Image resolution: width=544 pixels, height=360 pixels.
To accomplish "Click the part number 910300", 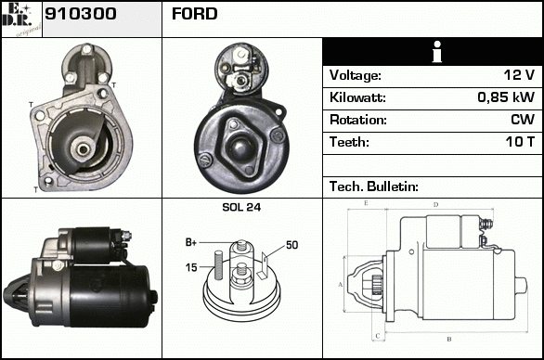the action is tap(81, 14).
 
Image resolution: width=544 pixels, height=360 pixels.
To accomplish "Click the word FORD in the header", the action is tap(195, 14).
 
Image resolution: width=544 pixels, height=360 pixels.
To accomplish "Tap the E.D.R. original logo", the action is tap(21, 19).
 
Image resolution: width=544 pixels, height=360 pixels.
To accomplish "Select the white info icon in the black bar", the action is tap(437, 52).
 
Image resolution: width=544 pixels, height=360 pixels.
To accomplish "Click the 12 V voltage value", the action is tap(519, 75).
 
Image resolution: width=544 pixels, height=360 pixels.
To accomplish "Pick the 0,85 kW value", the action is tap(506, 97).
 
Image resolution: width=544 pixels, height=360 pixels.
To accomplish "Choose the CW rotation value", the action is tap(523, 120).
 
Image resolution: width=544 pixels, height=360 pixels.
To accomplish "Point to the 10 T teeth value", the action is tap(520, 142).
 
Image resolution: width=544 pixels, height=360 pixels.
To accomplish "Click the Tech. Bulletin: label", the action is tap(374, 186).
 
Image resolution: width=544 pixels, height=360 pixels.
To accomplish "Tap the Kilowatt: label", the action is tap(357, 97).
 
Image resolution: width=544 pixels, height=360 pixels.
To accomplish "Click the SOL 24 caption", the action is tap(241, 208).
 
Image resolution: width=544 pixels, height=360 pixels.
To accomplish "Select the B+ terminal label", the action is tap(191, 242).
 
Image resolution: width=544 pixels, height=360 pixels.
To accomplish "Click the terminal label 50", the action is tap(292, 245).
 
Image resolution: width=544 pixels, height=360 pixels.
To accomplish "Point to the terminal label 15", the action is tap(191, 267).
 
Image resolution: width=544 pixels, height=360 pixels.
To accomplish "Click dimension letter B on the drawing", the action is tap(449, 340).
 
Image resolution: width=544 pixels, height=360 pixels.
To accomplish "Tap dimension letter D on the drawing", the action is tap(436, 205).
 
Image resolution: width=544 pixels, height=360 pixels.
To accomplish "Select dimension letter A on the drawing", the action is tap(341, 285).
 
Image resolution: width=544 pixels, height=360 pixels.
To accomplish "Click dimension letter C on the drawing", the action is tap(378, 336).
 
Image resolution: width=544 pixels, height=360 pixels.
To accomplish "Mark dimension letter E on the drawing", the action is tap(366, 203).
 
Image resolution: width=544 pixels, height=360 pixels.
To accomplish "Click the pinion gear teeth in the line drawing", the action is tap(377, 285).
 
